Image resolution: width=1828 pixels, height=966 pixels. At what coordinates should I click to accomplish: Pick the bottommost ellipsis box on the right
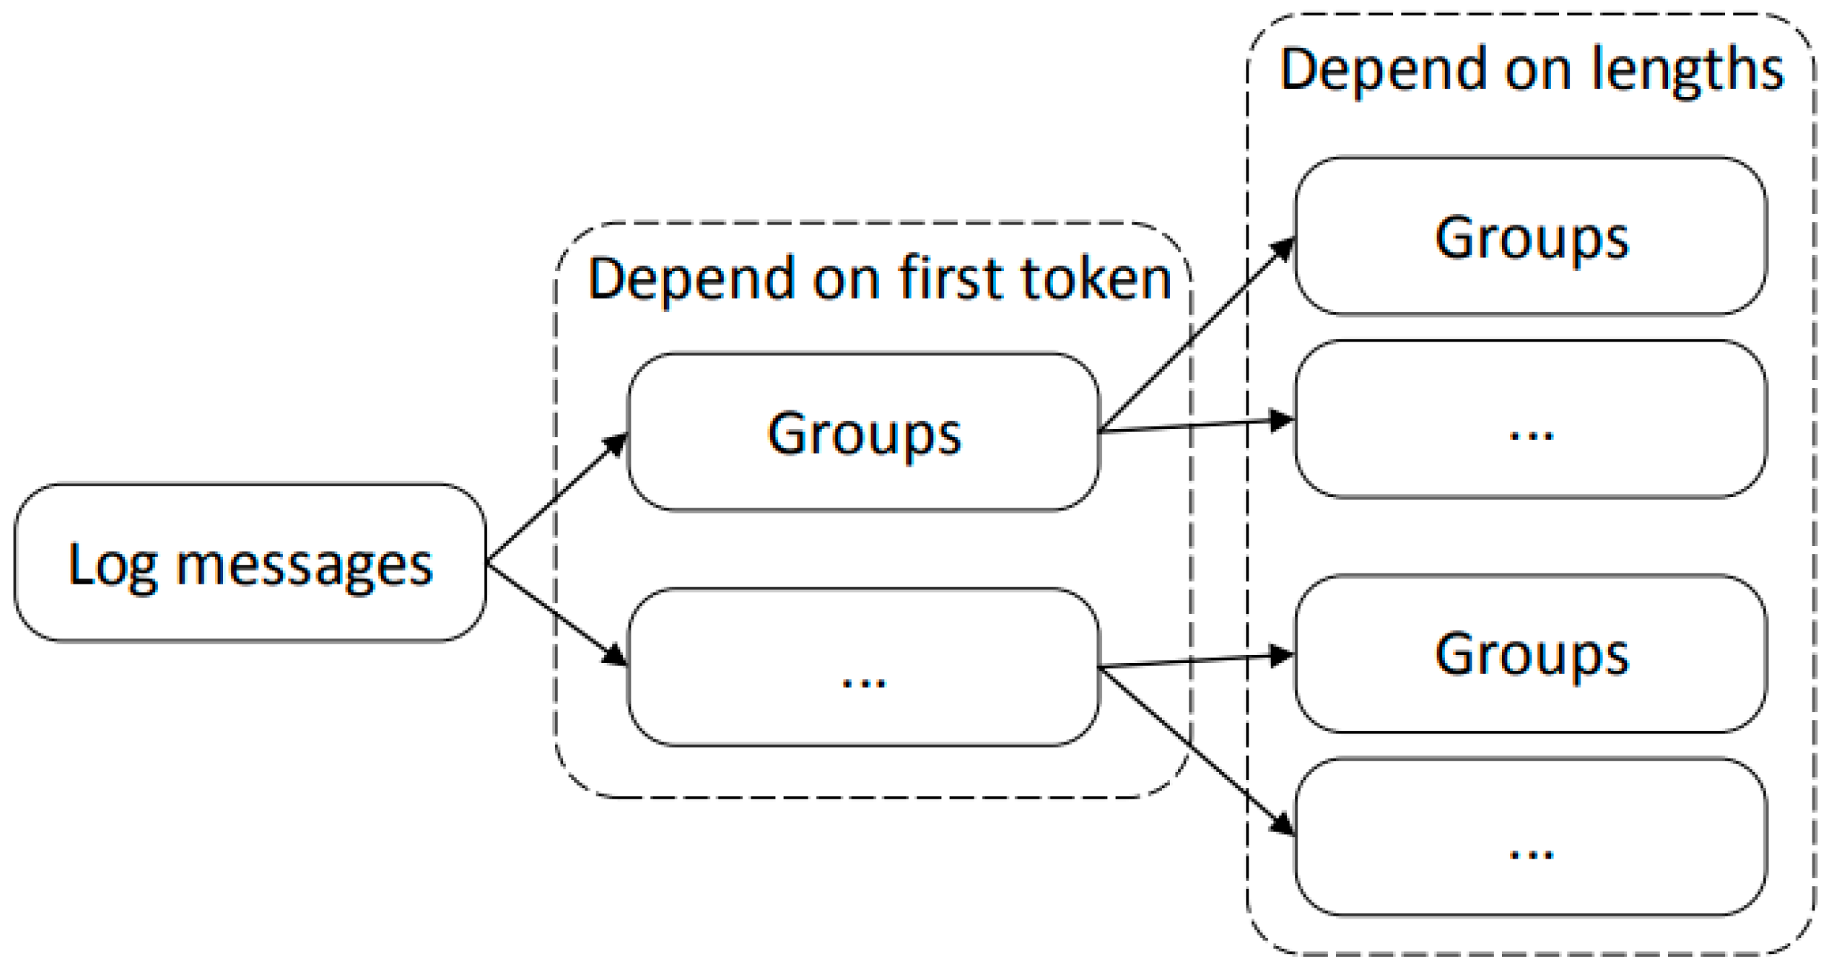1530,837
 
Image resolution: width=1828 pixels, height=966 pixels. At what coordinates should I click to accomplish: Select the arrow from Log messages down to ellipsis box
556,613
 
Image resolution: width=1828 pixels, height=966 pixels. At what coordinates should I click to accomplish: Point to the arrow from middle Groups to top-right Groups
1197,334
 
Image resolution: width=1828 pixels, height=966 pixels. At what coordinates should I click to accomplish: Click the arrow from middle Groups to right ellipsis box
1197,426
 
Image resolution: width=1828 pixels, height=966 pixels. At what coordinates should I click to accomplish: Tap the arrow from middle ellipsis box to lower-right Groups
1197,661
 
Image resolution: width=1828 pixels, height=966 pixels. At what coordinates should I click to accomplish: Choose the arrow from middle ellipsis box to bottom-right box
1197,750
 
